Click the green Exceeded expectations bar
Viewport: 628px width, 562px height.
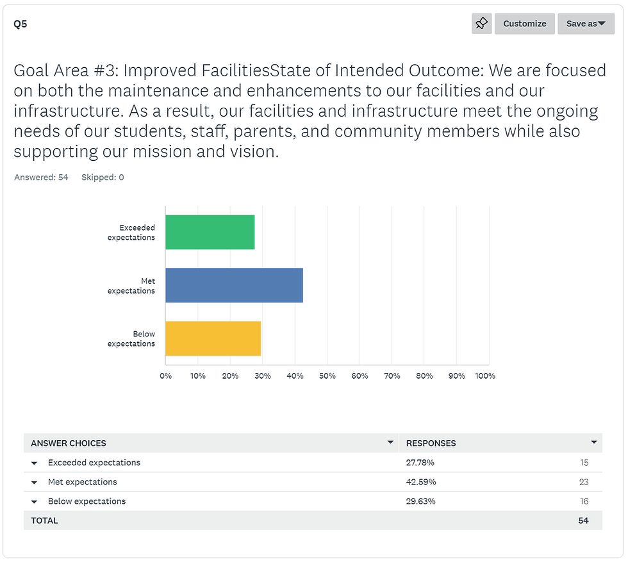[210, 232]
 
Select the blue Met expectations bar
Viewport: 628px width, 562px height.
[234, 285]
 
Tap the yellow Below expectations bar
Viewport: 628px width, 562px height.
[213, 338]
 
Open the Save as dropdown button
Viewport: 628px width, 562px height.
[586, 24]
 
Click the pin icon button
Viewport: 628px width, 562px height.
[481, 24]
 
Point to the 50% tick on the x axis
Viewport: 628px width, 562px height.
[327, 376]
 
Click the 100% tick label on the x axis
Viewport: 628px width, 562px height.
[485, 376]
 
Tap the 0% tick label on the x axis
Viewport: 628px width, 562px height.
[165, 376]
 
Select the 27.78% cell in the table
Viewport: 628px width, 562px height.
[420, 463]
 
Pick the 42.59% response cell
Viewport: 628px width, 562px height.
[420, 482]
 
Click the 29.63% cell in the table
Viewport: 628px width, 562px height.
[420, 501]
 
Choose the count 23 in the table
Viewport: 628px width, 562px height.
[583, 482]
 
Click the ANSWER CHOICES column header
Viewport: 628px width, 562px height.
[69, 443]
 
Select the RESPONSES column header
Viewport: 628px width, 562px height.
[431, 443]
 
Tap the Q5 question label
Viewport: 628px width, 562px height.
[21, 24]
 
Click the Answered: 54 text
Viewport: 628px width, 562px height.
[41, 178]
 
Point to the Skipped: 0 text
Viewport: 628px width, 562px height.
[103, 178]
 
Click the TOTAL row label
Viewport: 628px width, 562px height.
[44, 520]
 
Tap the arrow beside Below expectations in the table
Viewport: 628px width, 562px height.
[35, 502]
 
